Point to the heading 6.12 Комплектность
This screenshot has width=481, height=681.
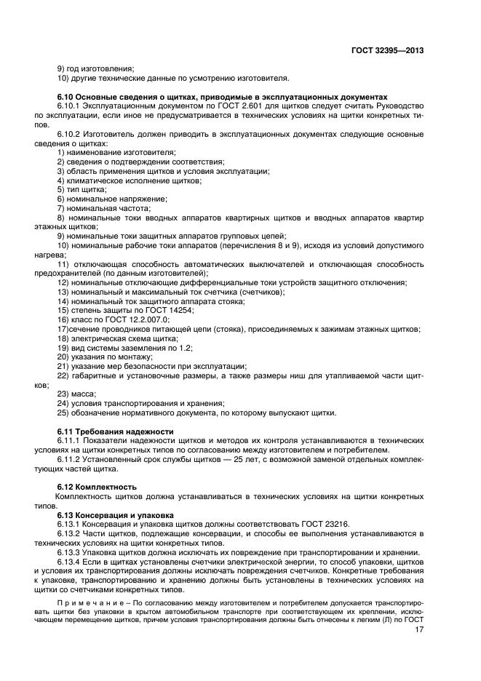point(97,486)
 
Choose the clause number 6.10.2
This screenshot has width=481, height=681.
point(71,135)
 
